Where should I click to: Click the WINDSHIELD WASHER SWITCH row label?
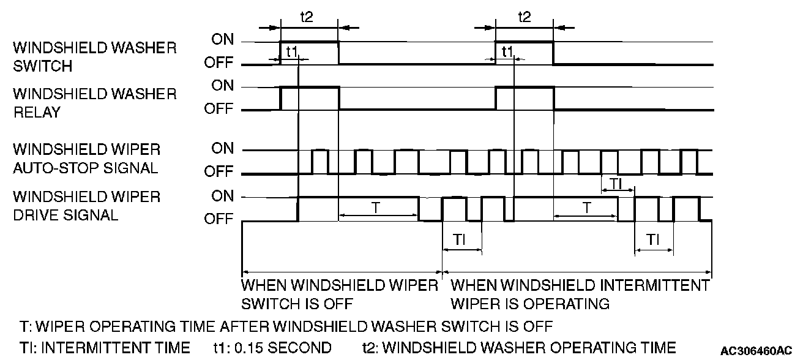click(x=94, y=56)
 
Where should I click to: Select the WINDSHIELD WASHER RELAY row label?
click(x=94, y=102)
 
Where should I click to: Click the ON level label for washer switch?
click(x=223, y=40)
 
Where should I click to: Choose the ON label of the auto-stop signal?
click(x=223, y=149)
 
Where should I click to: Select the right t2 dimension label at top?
click(x=524, y=17)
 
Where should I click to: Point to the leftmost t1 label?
click(x=292, y=52)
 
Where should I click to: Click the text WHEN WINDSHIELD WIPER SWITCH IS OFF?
click(x=340, y=294)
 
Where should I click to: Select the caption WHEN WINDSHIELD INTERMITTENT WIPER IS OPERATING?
click(x=580, y=294)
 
